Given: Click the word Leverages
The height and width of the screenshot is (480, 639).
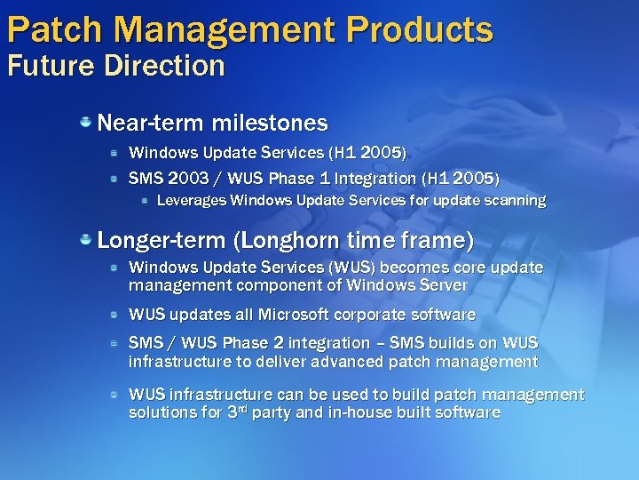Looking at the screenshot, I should click(191, 201).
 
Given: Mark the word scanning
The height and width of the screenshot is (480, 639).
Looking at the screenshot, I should click(514, 201).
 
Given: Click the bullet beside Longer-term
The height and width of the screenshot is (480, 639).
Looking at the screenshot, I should click(86, 239).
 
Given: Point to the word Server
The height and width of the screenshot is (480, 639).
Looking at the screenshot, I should click(442, 286).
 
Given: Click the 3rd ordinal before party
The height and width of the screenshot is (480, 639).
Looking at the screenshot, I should click(235, 412).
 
